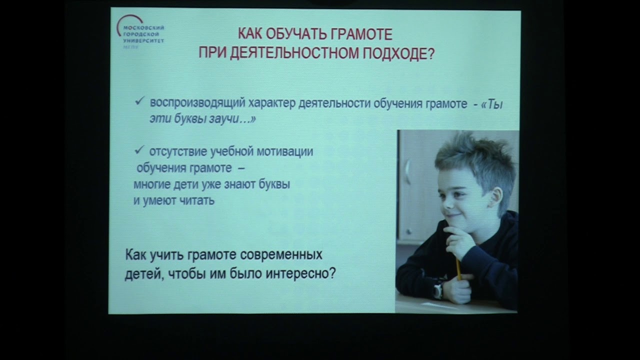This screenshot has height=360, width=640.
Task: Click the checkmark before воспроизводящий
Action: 139,102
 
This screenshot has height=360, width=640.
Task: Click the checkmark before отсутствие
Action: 139,150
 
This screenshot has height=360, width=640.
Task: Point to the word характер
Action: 268,104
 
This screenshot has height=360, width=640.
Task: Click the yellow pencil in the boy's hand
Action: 458,268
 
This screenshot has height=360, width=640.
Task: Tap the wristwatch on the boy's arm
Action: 438,289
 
